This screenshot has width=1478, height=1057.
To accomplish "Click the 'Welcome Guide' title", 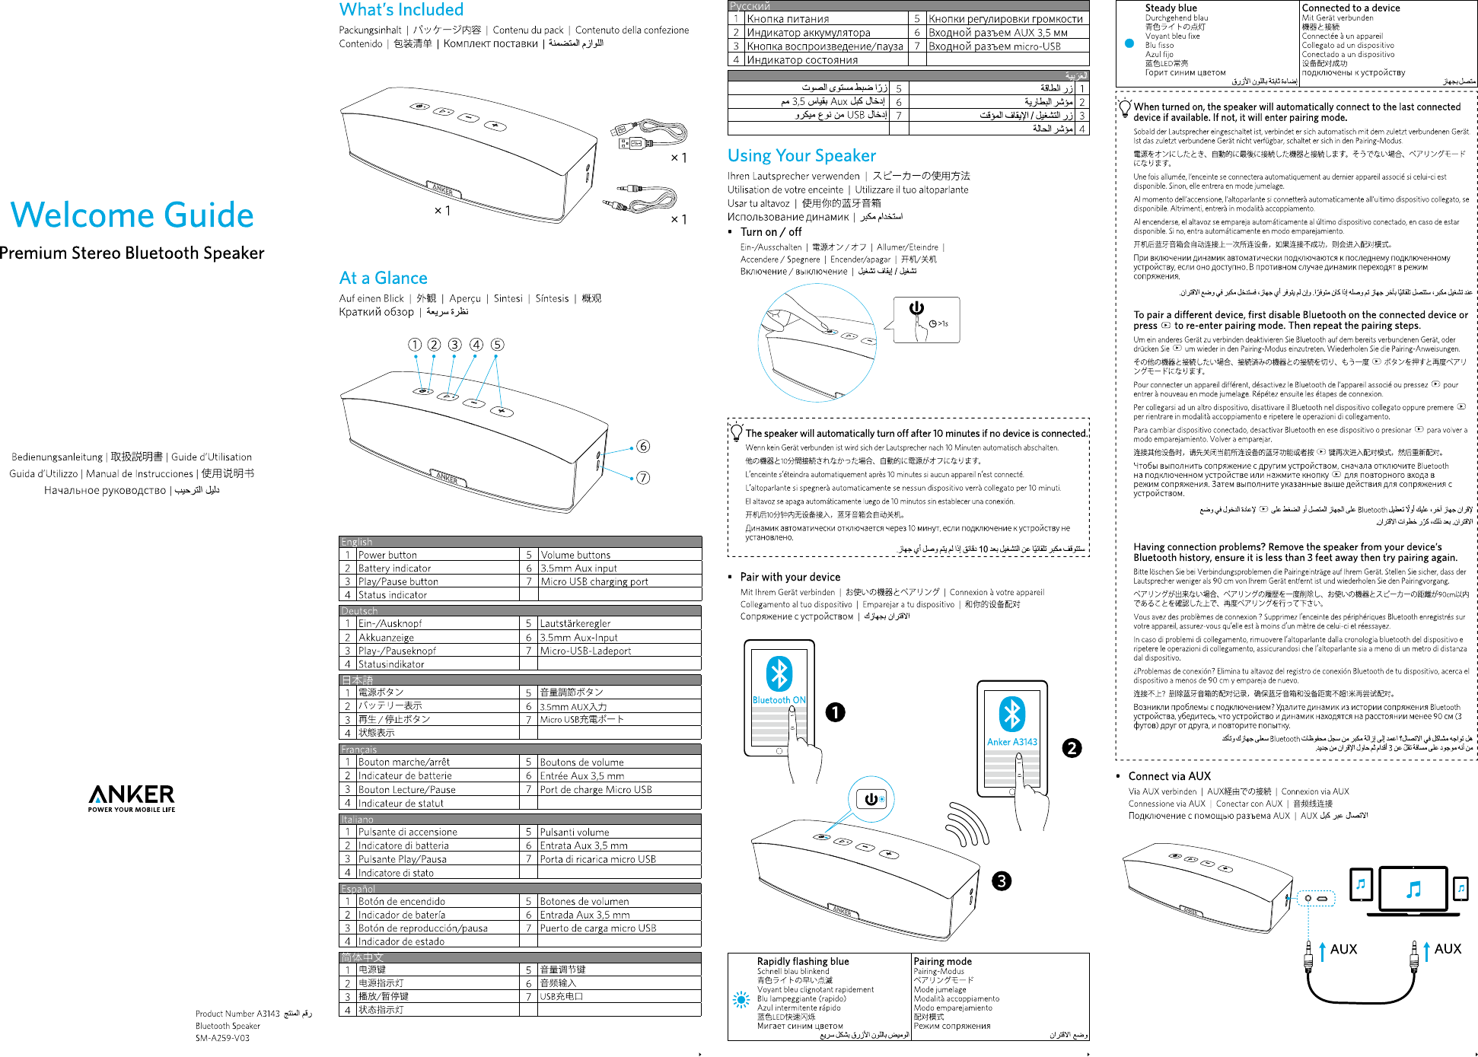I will click(x=132, y=215).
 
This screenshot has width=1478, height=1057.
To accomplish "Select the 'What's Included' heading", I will click(x=401, y=10).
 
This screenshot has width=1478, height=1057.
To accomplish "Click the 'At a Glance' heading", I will click(x=383, y=278).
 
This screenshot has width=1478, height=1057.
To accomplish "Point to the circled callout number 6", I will click(x=643, y=446).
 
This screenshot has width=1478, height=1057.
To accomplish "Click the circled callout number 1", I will click(x=415, y=345).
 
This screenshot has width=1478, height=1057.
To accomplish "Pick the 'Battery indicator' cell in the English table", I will click(x=394, y=568).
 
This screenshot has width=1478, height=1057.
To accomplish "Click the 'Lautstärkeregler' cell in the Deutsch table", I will click(x=575, y=623).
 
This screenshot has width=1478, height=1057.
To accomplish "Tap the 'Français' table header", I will click(x=358, y=750).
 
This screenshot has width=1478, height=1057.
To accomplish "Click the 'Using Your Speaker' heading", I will click(x=801, y=156).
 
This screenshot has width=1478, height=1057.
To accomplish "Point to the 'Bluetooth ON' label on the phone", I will click(x=779, y=700).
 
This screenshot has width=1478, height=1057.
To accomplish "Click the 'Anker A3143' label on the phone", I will click(x=1011, y=742).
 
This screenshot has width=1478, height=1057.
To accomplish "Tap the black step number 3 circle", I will click(x=1002, y=881).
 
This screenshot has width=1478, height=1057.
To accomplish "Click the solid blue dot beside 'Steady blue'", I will click(x=1129, y=43).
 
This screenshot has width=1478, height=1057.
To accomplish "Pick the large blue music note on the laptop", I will click(x=1413, y=889).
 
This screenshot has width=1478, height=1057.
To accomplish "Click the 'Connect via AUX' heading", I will click(x=1169, y=776).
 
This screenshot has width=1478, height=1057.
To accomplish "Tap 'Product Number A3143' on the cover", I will click(x=237, y=1014).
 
